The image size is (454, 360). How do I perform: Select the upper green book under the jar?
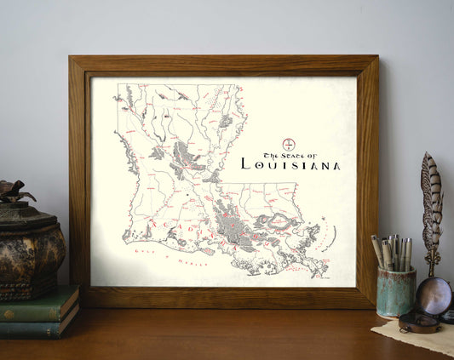[38, 302]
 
